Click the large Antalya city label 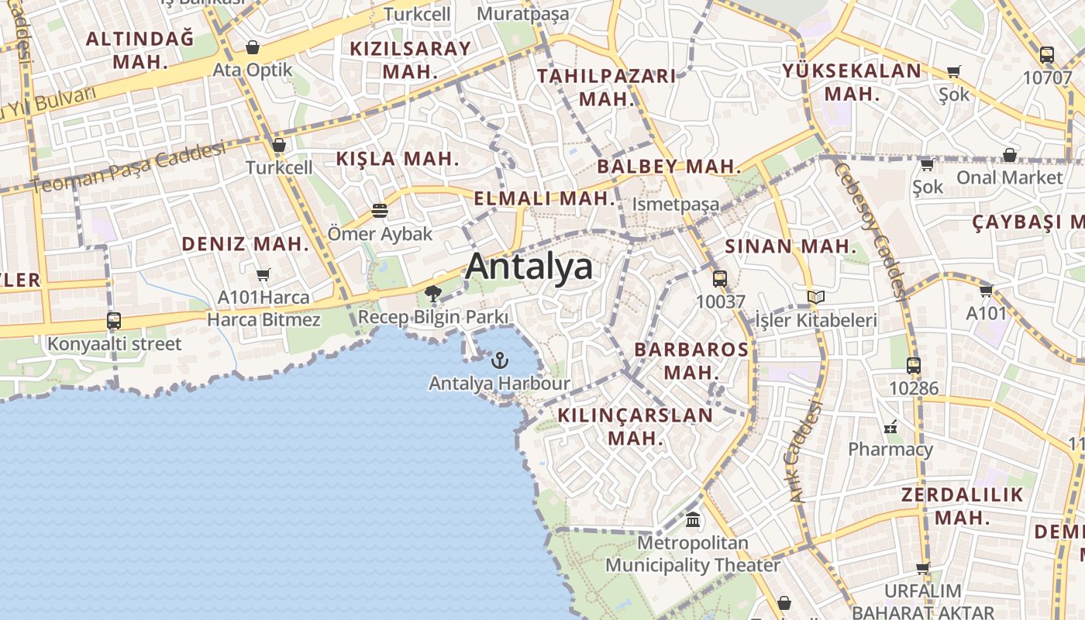click(x=529, y=267)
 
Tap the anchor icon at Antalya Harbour click(x=500, y=360)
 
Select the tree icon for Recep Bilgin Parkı click(x=433, y=293)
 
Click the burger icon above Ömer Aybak click(x=379, y=210)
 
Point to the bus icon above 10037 click(x=720, y=279)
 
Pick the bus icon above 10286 click(x=914, y=366)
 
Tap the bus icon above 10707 click(x=1047, y=55)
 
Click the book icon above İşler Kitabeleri click(x=815, y=297)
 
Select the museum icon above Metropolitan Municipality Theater click(x=693, y=519)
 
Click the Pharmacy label click(x=890, y=449)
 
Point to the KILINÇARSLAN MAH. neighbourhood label click(x=635, y=426)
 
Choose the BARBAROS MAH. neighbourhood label click(x=692, y=360)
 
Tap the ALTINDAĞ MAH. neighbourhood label click(x=140, y=50)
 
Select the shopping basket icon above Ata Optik click(x=253, y=47)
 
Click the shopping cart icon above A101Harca click(x=263, y=274)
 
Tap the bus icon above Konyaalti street click(x=114, y=320)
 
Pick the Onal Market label click(x=1009, y=177)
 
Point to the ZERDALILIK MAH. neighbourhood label click(x=962, y=506)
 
